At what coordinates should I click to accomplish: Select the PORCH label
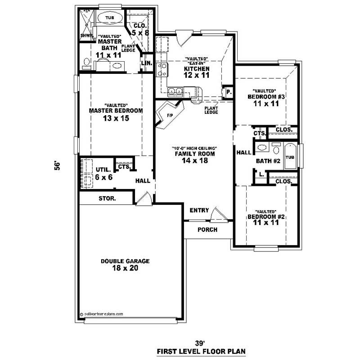click(x=207, y=230)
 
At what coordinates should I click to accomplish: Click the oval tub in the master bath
click(x=109, y=18)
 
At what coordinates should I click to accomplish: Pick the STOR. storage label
click(x=107, y=198)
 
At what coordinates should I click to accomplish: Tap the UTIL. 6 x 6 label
click(x=103, y=174)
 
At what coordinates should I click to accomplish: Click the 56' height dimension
click(x=57, y=166)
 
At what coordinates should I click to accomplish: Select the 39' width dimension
click(x=200, y=342)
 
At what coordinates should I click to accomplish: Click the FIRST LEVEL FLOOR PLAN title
click(x=201, y=351)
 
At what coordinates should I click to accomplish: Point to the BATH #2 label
click(x=268, y=161)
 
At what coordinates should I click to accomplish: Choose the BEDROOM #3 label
click(x=267, y=97)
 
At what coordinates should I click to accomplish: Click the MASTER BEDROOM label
click(x=116, y=111)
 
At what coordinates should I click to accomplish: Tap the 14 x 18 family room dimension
click(x=194, y=161)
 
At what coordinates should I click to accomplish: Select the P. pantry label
click(x=229, y=92)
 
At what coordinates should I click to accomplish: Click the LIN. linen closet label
click(x=147, y=63)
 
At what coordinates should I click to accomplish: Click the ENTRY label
click(x=199, y=211)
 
